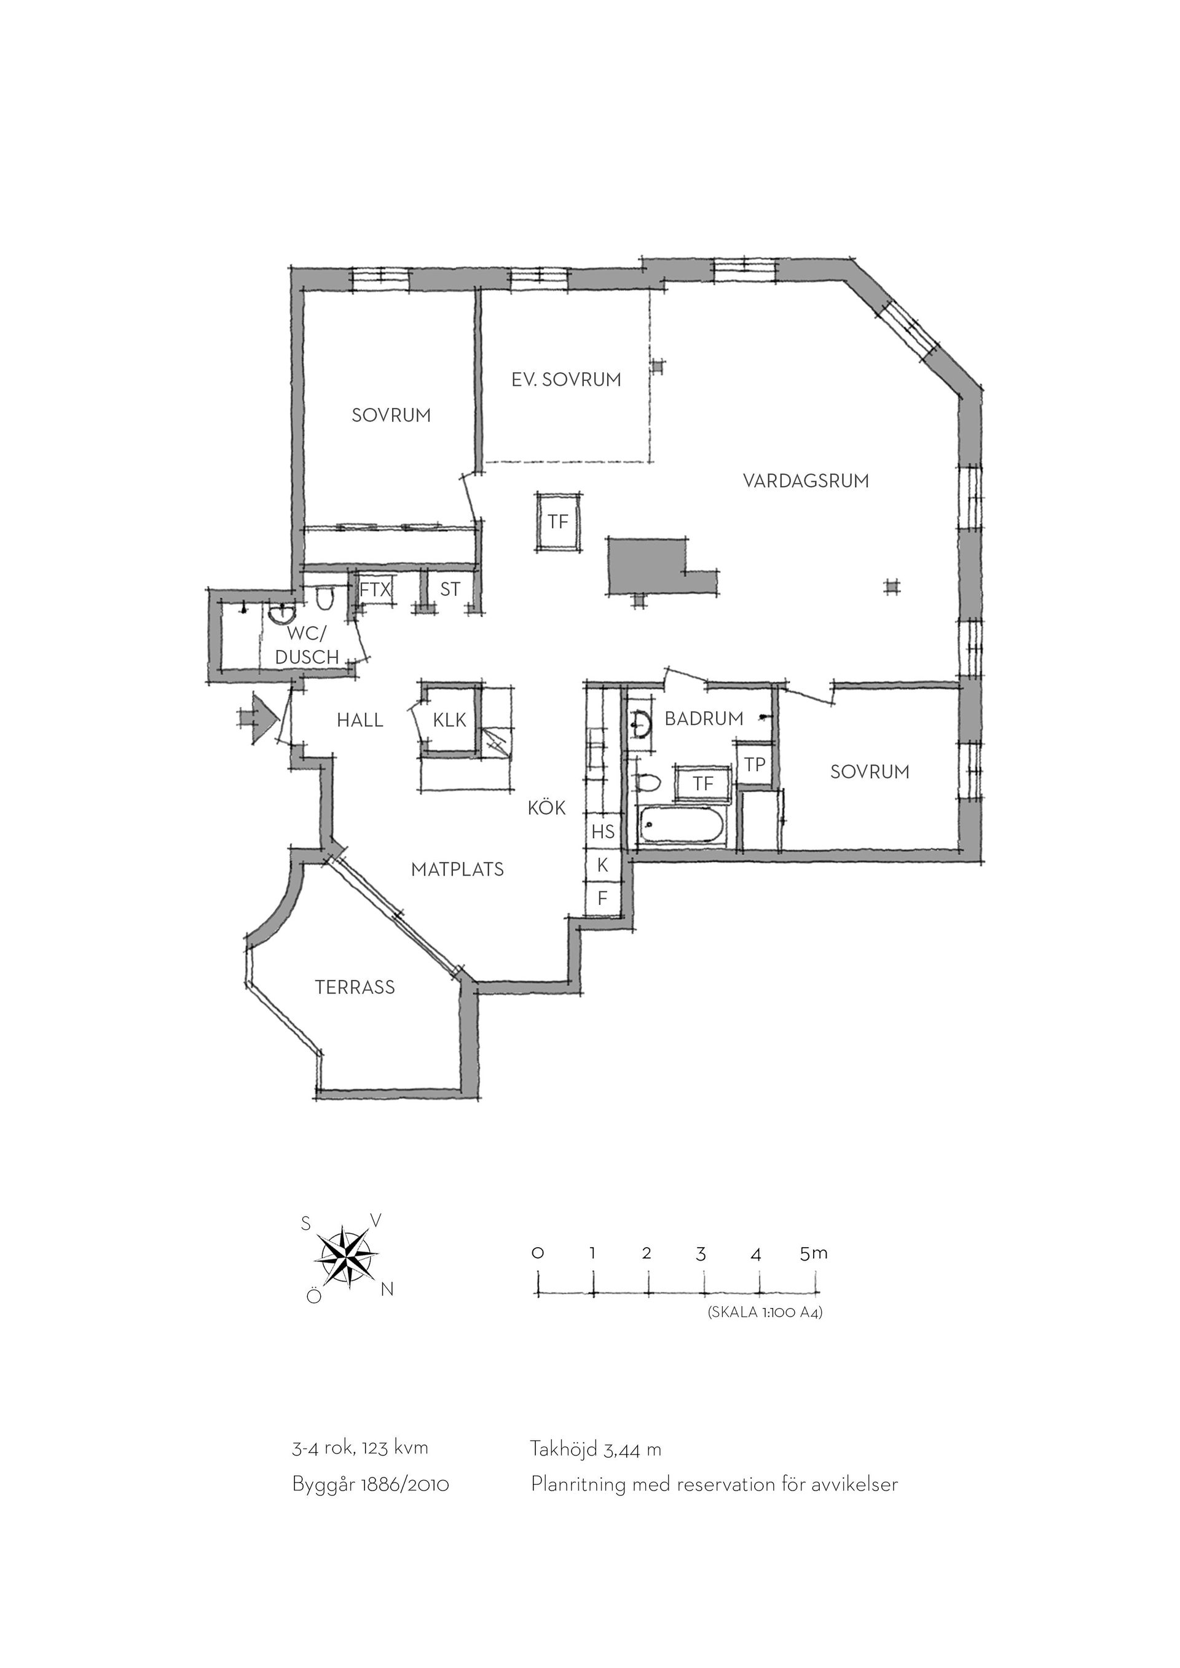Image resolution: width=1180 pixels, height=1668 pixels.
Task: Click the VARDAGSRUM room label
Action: [806, 481]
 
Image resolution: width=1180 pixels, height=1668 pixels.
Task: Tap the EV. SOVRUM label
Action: [566, 379]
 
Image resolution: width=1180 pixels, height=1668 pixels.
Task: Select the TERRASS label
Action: [355, 987]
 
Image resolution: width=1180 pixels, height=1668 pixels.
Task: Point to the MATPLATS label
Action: [457, 869]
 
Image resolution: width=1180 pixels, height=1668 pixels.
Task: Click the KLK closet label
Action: [449, 720]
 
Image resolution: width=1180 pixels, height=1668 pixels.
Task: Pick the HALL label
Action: [360, 720]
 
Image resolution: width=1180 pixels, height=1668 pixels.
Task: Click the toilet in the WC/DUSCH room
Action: [324, 598]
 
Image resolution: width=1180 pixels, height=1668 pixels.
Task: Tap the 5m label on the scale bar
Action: [813, 1253]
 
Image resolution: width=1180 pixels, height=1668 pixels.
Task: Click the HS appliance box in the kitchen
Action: [602, 831]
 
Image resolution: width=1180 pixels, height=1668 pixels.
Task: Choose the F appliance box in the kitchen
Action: [602, 899]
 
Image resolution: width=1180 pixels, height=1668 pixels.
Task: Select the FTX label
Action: [375, 589]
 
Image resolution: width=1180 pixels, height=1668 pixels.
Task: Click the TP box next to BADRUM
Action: [755, 764]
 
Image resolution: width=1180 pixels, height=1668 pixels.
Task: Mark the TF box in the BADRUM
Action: [702, 783]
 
